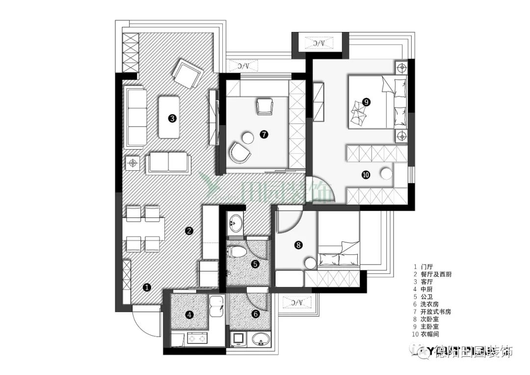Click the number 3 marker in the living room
[172, 118]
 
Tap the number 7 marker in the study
[265, 134]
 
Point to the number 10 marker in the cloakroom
[366, 174]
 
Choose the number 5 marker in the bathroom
[255, 264]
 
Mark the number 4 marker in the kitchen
[190, 315]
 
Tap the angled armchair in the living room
[187, 74]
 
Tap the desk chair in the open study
[265, 106]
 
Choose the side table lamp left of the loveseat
[132, 162]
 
